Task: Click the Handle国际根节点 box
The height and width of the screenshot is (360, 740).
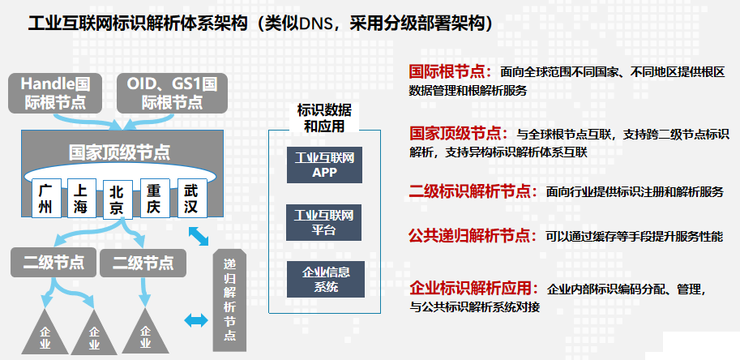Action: [55, 92]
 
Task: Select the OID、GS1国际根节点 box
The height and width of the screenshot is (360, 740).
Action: [172, 92]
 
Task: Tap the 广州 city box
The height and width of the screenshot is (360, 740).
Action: [46, 199]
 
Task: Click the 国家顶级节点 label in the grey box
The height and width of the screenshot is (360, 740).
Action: [119, 152]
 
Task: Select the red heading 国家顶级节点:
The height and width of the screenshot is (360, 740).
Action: [460, 133]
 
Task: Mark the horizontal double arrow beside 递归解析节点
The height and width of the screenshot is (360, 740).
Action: [197, 320]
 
